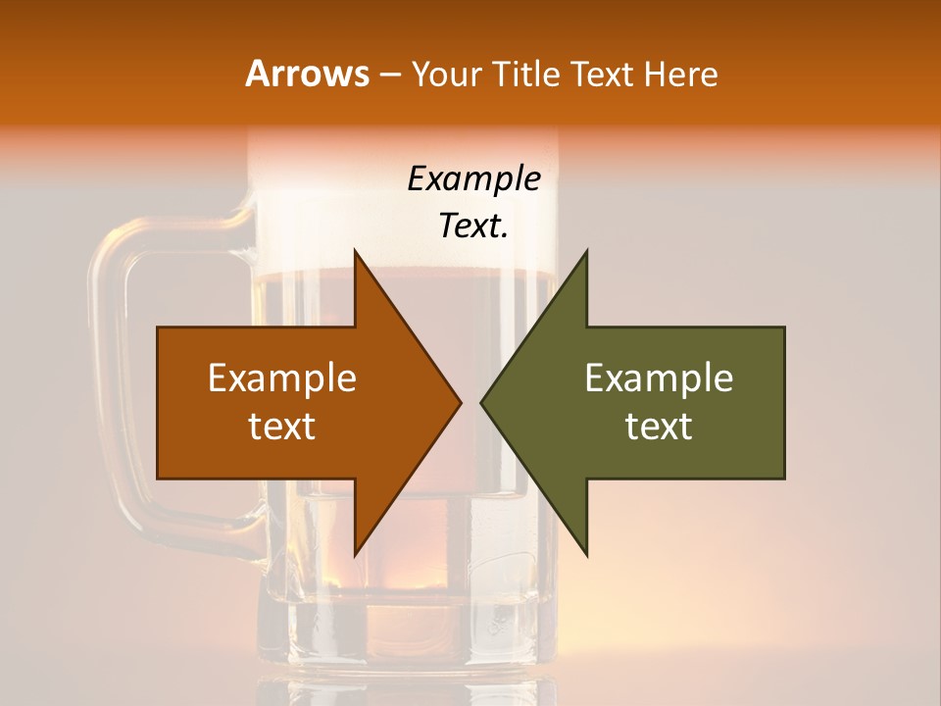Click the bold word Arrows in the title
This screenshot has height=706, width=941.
point(306,74)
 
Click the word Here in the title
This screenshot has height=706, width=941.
point(681,75)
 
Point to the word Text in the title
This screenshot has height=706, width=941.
point(604,75)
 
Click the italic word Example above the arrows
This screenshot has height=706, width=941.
point(474,178)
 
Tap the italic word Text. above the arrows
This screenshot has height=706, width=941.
point(474,227)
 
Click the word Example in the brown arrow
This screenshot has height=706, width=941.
point(282,378)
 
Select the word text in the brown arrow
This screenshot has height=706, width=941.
point(282,427)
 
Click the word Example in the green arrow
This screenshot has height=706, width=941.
point(659,378)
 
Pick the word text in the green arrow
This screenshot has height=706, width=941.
point(659,427)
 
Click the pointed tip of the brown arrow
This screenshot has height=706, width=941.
point(459,402)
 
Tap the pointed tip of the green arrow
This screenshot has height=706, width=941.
point(483,402)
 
